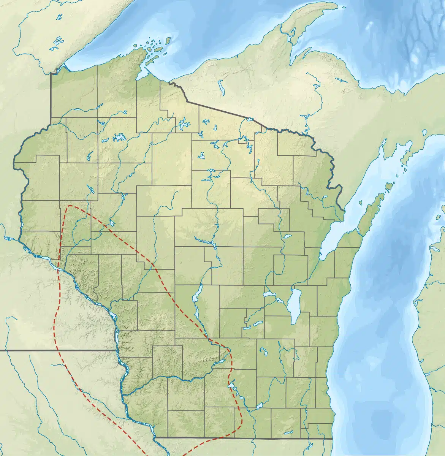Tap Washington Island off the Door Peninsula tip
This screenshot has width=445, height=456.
[x=389, y=187]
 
